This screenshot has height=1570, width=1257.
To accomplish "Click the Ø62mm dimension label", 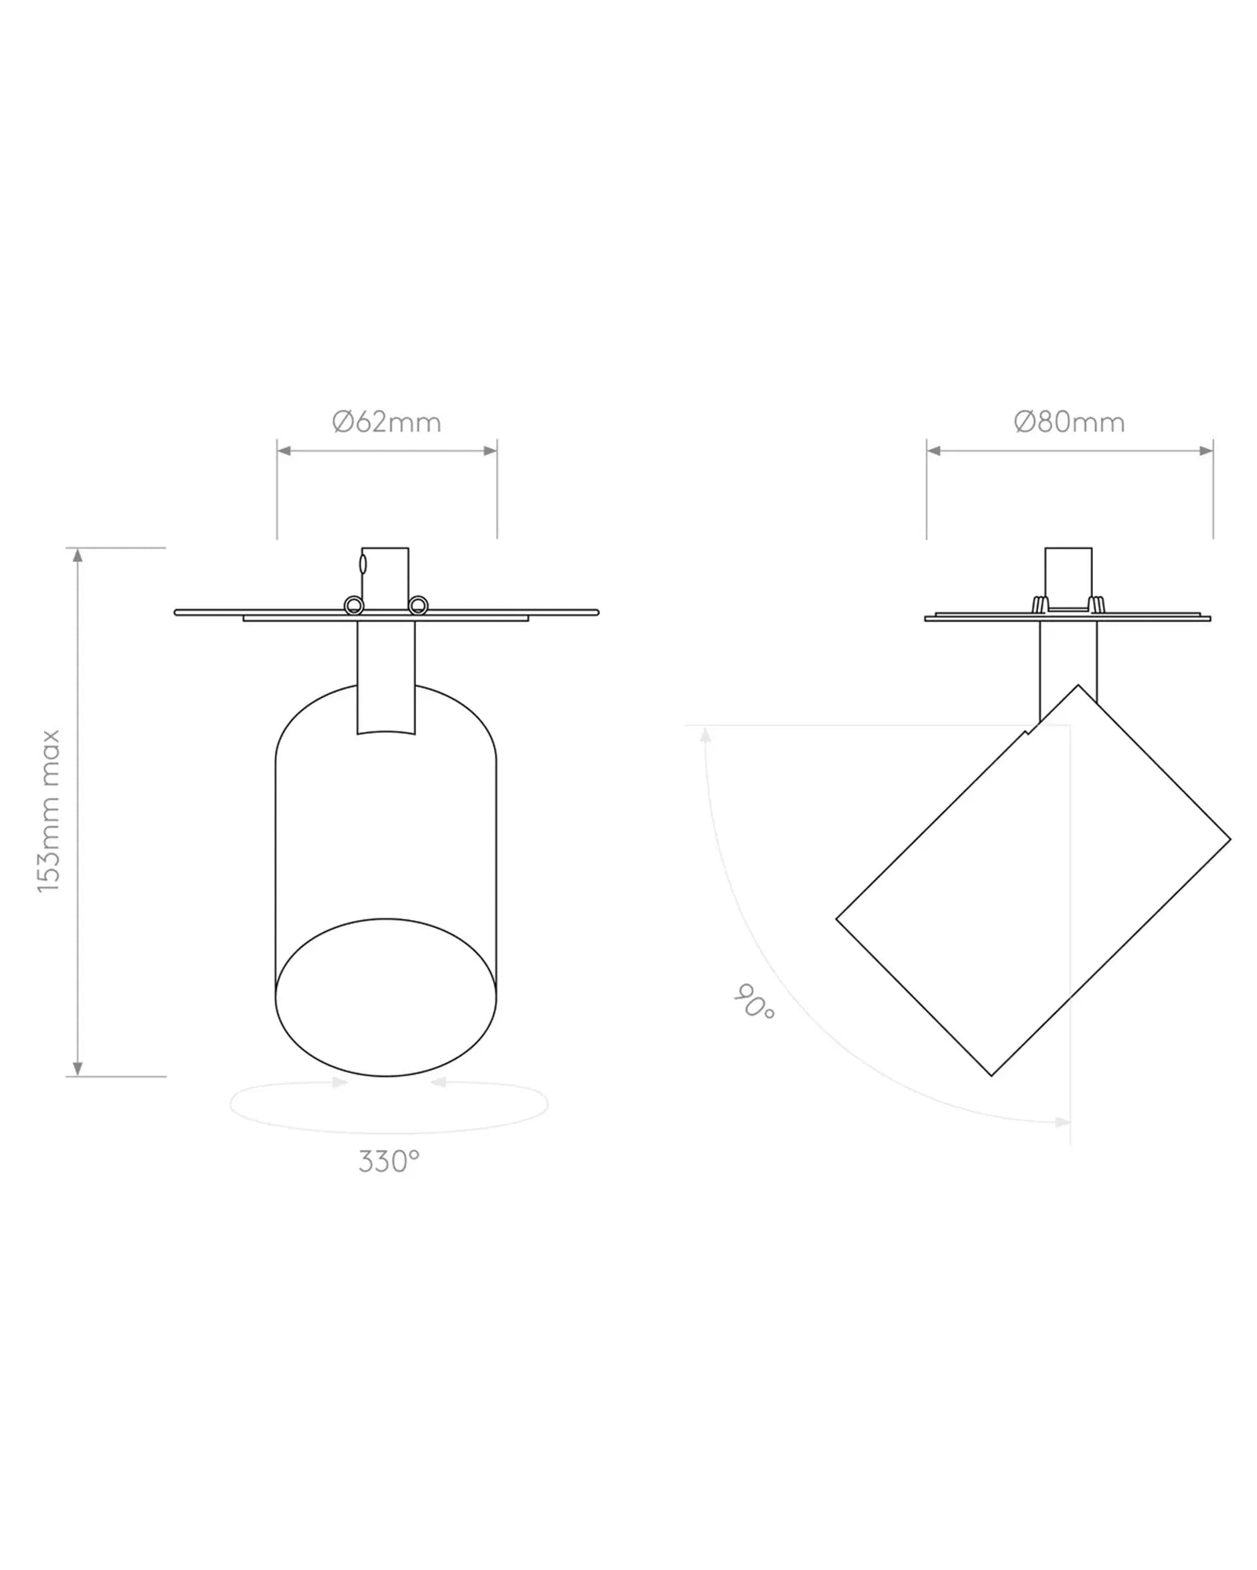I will click(386, 422).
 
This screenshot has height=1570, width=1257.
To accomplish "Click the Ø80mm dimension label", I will click(1069, 422).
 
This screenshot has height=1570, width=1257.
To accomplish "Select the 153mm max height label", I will click(49, 811).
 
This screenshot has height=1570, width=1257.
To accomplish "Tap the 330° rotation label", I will click(389, 1161).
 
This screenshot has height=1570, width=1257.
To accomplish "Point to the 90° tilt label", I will click(755, 1002).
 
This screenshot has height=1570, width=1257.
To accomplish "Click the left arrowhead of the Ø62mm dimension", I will click(284, 451).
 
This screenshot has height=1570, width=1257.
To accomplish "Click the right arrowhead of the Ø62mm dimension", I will click(490, 451).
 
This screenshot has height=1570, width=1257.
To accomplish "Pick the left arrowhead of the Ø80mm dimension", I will click(934, 451).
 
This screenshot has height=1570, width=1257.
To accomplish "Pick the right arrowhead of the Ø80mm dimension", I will click(1207, 451).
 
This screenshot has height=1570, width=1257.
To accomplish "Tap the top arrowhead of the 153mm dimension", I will click(77, 555).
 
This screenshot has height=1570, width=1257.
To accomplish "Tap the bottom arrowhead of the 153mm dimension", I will click(77, 1068).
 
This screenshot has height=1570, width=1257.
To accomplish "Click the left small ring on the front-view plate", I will click(354, 604).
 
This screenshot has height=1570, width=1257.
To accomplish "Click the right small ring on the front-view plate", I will click(418, 604).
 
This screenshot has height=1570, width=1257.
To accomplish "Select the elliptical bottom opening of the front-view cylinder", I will click(386, 997).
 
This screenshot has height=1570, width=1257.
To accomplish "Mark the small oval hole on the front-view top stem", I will click(363, 564).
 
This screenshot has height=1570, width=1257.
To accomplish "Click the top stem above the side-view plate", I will click(1068, 573).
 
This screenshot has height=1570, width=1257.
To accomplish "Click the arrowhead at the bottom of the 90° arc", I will click(1062, 1122).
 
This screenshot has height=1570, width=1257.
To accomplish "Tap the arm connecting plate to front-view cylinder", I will click(386, 675).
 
